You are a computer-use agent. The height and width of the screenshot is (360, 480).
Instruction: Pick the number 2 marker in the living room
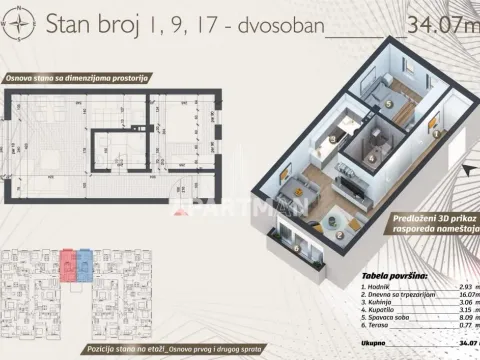pyautogui.click(x=341, y=237)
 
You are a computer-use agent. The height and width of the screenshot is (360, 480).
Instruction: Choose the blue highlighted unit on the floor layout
pyautogui.click(x=86, y=264)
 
